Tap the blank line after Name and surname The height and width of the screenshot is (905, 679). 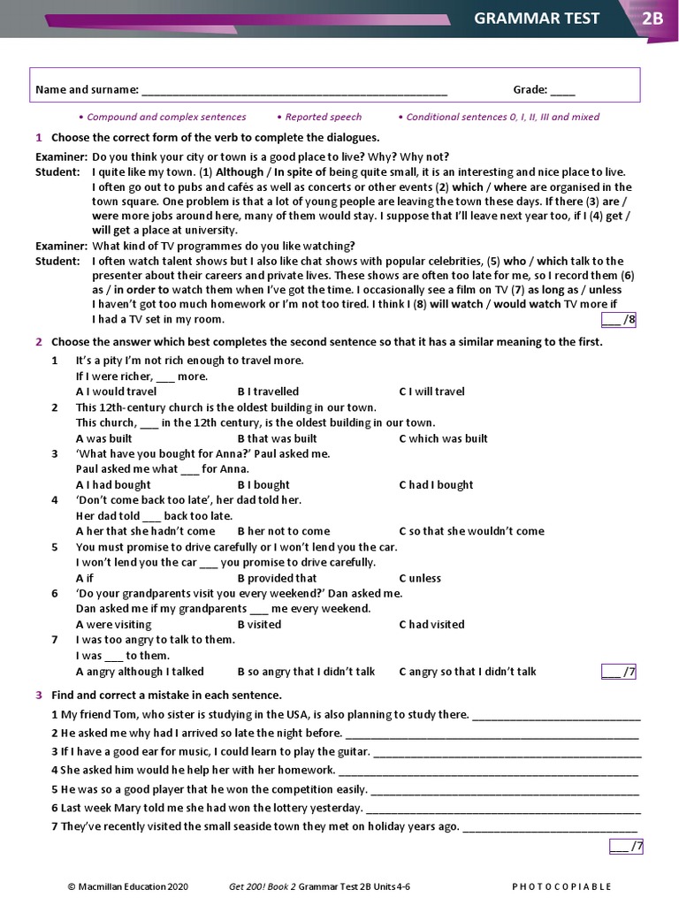294,90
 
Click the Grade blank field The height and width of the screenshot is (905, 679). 562,90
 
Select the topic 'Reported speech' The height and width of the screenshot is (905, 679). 323,117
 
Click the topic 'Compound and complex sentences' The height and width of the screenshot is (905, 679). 166,117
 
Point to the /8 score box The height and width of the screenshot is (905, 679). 619,319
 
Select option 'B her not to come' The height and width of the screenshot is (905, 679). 283,531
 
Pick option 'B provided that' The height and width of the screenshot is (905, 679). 277,578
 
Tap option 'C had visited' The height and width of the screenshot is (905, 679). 431,624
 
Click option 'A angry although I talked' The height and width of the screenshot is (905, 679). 140,672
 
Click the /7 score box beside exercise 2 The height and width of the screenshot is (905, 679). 619,672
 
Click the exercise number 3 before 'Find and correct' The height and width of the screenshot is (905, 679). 39,695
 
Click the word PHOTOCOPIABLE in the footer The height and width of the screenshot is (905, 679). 561,886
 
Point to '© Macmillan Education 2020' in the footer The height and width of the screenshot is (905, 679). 128,886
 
